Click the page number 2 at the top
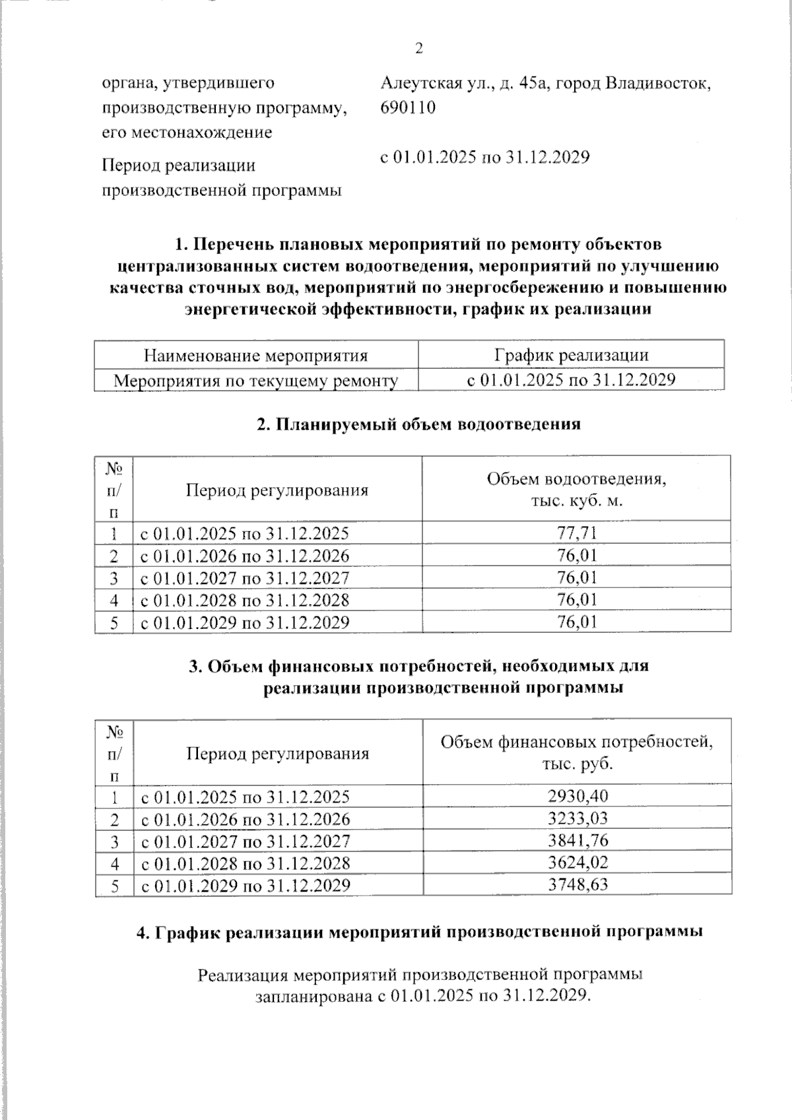point(418,49)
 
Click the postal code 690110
point(408,108)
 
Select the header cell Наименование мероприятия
point(255,356)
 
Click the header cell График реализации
point(571,355)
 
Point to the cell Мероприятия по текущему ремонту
point(256,380)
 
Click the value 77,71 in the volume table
point(576,533)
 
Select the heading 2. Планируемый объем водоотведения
point(418,424)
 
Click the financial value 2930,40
point(577,796)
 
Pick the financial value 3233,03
point(577,818)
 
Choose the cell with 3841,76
point(577,840)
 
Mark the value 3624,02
point(577,863)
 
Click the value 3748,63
point(577,884)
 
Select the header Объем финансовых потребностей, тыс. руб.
point(577,752)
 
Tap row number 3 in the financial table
point(114,841)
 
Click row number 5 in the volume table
point(114,622)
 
